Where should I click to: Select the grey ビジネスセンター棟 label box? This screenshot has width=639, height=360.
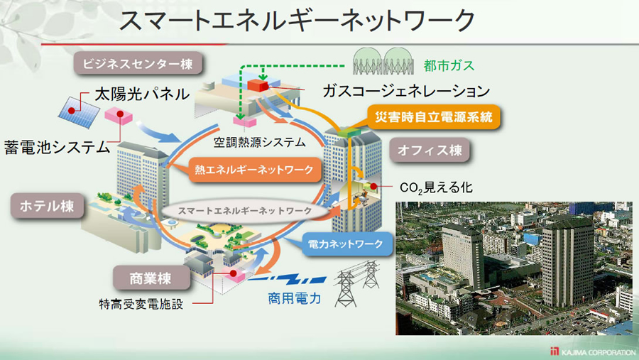pos(138,64)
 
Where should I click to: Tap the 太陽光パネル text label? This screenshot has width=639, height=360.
pos(142,94)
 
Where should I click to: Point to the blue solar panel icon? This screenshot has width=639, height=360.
pos(79,111)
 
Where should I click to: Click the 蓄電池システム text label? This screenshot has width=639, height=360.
pos(57,147)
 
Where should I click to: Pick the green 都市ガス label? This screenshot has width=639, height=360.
pos(449,65)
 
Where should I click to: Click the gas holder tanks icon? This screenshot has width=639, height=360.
pos(383,61)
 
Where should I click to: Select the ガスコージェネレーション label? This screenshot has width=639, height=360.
pos(406,90)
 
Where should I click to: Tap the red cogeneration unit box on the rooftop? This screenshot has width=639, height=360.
pos(258,85)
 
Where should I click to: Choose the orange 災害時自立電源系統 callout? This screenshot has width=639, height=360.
pos(434,117)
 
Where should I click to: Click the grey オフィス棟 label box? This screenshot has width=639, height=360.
pos(430,150)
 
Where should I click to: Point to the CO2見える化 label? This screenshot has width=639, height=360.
pos(436,187)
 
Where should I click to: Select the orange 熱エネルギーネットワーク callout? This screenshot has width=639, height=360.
pos(253,170)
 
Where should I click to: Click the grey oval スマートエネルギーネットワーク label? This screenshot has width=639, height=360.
pos(245,211)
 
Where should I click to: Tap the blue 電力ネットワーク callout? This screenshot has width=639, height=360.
pos(346,244)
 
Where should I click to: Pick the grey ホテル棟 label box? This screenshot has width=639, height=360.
pos(47,206)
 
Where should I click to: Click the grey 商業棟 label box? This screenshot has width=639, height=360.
pos(151,278)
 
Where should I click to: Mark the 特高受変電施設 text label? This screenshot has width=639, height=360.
pos(141,304)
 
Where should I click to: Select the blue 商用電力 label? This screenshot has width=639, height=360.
pos(294,298)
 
